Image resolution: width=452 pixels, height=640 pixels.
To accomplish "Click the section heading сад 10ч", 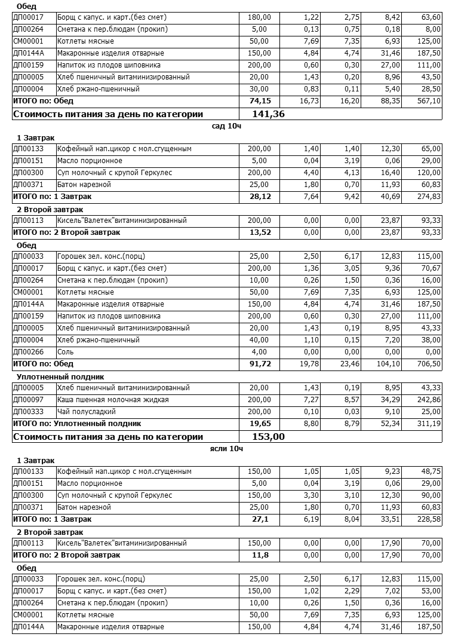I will coord(226,126).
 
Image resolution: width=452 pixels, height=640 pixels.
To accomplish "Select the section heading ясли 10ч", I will coord(226,448).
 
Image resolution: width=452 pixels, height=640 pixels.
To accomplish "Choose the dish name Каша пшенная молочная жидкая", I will coord(113,400).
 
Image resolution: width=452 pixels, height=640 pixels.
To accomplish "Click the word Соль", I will coord(65,352).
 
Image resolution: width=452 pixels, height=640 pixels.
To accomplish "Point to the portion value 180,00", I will coord(259,17).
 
